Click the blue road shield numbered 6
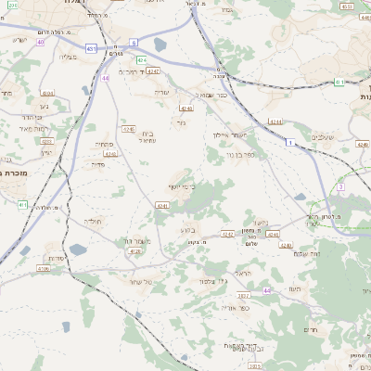coord(134,43)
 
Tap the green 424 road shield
coord(142,59)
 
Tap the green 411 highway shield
coord(22,204)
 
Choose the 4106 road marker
coord(44,269)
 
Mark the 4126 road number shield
coord(135,251)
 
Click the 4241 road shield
coord(163,206)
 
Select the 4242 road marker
coord(228,236)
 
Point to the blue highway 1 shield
coord(289,143)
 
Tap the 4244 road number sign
coord(275,122)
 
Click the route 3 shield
coord(340,186)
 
